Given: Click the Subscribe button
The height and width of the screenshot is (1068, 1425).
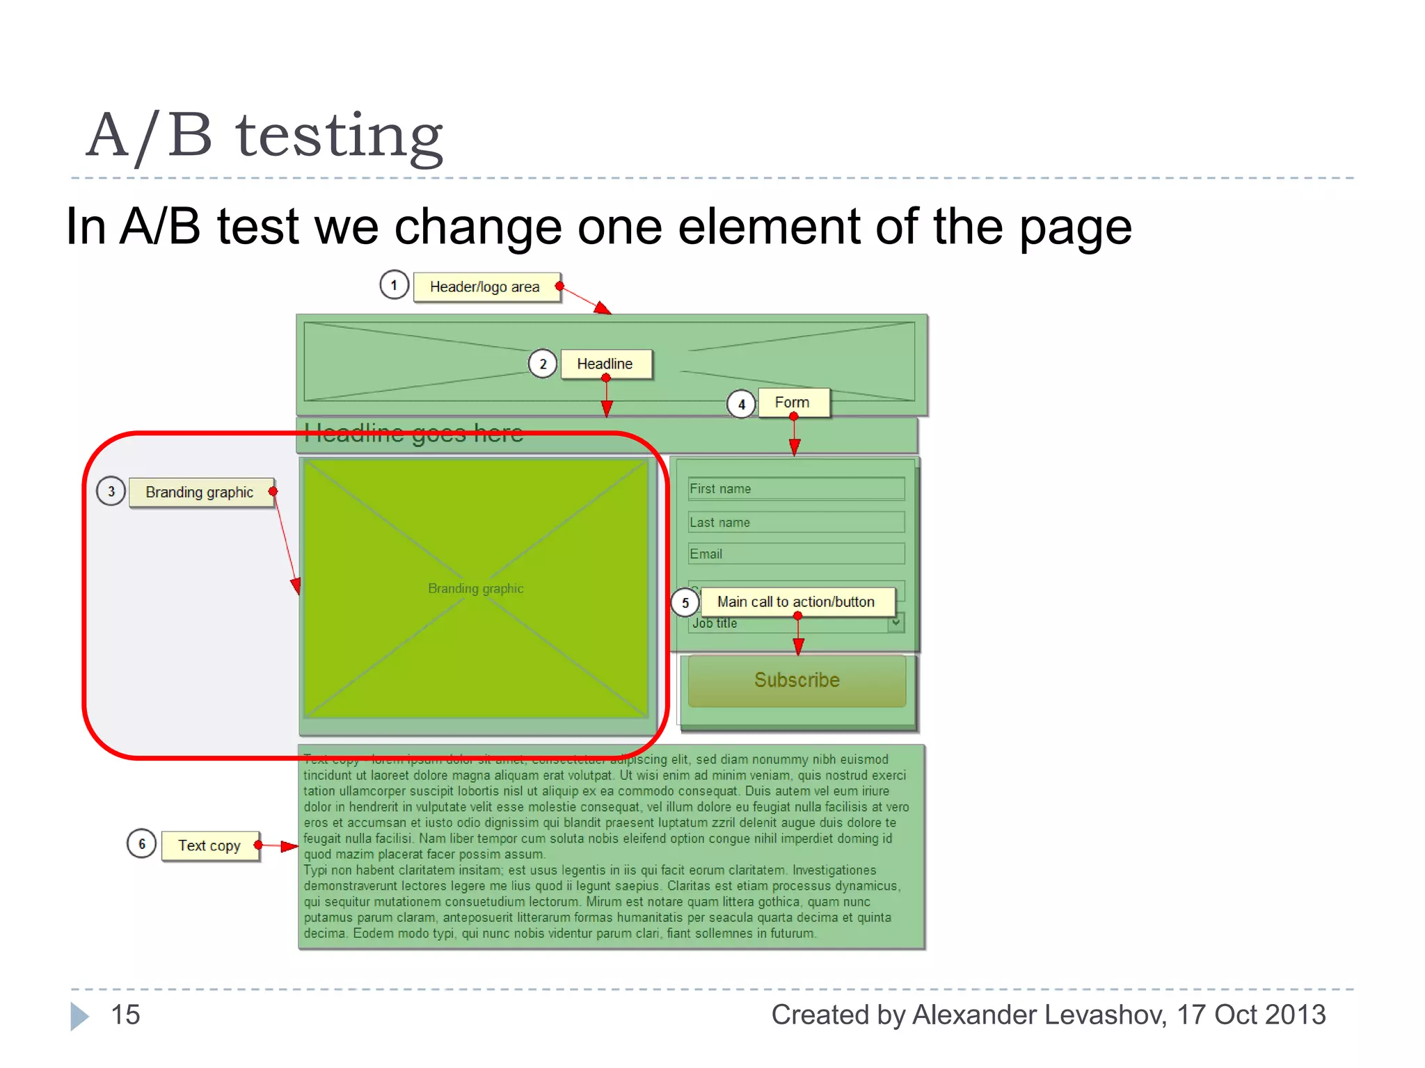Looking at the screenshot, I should (x=797, y=680).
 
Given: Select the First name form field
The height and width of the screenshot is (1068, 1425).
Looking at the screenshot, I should (x=796, y=489).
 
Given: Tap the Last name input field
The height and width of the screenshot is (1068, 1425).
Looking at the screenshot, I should (x=796, y=522).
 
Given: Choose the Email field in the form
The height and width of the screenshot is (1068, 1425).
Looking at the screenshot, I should (x=796, y=554).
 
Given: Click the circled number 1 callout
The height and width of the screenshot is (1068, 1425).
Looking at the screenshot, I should (x=394, y=285).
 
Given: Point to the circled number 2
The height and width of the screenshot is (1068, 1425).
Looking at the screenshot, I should (x=543, y=364).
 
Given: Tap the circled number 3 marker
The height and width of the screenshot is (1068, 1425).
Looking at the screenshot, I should (x=111, y=492).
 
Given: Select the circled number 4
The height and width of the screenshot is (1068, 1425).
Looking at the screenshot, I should (x=742, y=404).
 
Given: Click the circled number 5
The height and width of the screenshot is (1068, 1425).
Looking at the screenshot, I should (x=685, y=602).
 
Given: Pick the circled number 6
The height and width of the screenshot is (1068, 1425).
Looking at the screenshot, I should (x=142, y=844).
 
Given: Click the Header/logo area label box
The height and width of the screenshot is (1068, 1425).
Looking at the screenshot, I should (x=486, y=287).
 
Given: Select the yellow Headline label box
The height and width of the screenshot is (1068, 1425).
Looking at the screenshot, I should (x=605, y=364).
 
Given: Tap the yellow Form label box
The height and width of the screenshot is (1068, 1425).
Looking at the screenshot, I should (x=793, y=403).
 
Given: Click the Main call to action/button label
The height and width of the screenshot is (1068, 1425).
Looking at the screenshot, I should (x=796, y=601).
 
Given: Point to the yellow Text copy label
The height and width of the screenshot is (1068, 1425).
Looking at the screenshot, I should (x=210, y=845).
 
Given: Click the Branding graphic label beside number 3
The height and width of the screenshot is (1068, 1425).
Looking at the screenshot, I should (x=200, y=492).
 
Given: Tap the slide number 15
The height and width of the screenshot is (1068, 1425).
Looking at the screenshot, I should (x=126, y=1014).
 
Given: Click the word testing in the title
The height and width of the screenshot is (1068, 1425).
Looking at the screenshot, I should (x=339, y=136).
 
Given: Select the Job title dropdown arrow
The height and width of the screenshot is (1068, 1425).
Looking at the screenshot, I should (x=896, y=622).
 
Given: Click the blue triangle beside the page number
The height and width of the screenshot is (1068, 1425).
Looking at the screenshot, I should (x=79, y=1016).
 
